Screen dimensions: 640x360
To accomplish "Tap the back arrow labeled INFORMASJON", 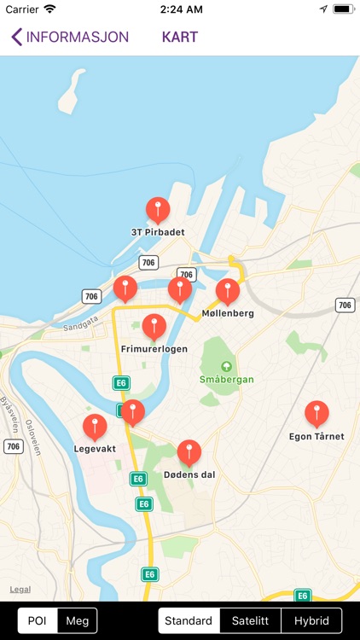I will pyautogui.click(x=70, y=37).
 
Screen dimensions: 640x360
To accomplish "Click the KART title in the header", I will pyautogui.click(x=179, y=37).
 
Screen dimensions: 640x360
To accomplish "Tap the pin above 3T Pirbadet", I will pyautogui.click(x=158, y=209).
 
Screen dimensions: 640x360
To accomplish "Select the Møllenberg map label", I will pyautogui.click(x=228, y=313).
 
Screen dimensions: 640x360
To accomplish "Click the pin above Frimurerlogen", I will pyautogui.click(x=154, y=327).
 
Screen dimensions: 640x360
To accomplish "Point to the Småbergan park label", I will pyautogui.click(x=226, y=379).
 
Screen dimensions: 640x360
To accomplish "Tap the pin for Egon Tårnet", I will pyautogui.click(x=316, y=414).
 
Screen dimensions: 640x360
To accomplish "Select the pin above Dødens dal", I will pyautogui.click(x=189, y=452).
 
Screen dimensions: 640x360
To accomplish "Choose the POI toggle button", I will pyautogui.click(x=38, y=620).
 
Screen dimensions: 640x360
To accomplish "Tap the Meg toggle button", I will pyautogui.click(x=77, y=620).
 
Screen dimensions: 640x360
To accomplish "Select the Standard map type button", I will pyautogui.click(x=189, y=620).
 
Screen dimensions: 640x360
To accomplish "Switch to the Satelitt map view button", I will pyautogui.click(x=251, y=620).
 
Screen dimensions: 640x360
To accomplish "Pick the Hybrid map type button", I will pyautogui.click(x=311, y=620).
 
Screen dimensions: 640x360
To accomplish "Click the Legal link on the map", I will pyautogui.click(x=20, y=590).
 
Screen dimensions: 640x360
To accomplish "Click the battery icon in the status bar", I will pyautogui.click(x=343, y=9).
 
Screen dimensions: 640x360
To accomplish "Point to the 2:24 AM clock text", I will pyautogui.click(x=179, y=9).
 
